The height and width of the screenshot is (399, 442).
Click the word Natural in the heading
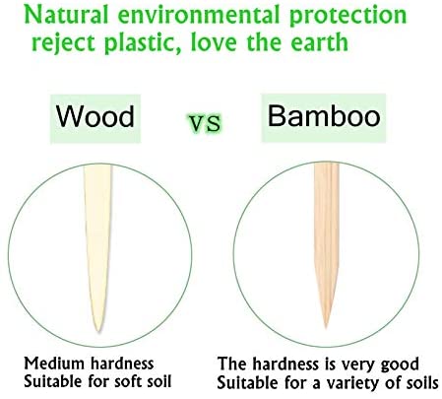(x=67, y=15)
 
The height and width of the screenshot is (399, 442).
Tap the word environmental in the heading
(x=199, y=15)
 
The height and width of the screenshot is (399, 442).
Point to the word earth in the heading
(x=319, y=41)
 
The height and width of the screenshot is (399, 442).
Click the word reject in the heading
(x=64, y=43)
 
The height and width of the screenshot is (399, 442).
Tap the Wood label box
(x=95, y=118)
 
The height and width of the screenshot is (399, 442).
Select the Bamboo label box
(x=324, y=117)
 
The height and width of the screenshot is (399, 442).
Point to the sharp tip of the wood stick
(x=97, y=331)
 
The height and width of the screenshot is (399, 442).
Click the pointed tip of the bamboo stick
(x=326, y=327)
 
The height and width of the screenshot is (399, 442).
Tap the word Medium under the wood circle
(x=54, y=364)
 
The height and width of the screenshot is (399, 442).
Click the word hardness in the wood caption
(x=122, y=364)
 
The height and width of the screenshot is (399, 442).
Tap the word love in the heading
(x=214, y=42)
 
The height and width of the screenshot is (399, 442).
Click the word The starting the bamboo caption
(x=231, y=364)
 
